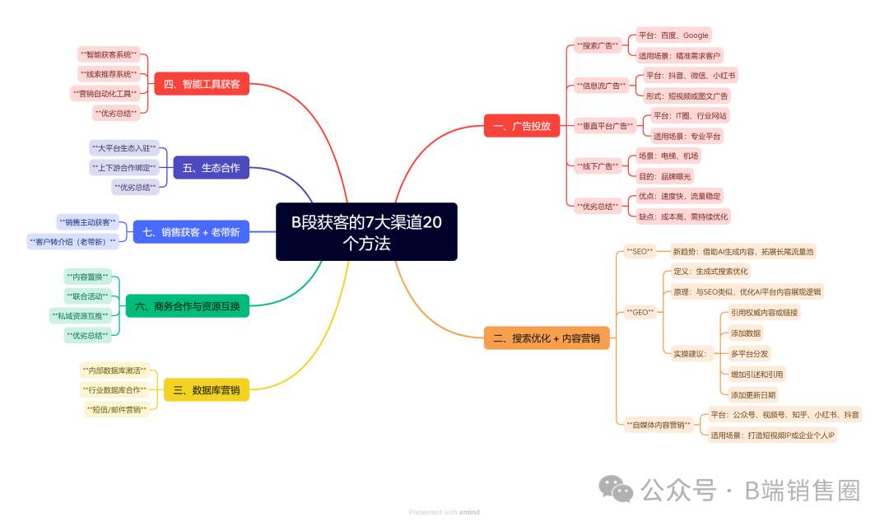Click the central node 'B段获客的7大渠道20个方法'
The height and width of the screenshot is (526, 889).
click(x=366, y=232)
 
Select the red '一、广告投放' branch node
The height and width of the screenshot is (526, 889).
click(x=522, y=126)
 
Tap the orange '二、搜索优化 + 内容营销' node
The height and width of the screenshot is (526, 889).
click(x=547, y=337)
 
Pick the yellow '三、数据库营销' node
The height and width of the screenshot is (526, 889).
click(x=207, y=390)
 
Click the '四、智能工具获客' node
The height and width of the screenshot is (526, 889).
click(x=202, y=84)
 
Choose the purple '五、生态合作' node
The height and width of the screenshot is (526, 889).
click(x=211, y=168)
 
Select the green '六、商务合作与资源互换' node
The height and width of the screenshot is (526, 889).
click(x=187, y=306)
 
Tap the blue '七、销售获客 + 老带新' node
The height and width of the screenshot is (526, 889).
click(x=191, y=232)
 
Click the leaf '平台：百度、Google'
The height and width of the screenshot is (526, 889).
click(x=673, y=35)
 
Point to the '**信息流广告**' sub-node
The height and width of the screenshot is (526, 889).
click(x=601, y=86)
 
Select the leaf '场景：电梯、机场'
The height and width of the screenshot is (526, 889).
click(x=668, y=156)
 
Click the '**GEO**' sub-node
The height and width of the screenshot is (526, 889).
click(x=640, y=312)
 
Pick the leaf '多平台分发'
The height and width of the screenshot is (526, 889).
click(x=750, y=354)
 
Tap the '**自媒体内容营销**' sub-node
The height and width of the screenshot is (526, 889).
click(x=659, y=425)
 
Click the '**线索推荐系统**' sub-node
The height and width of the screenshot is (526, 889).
click(x=109, y=74)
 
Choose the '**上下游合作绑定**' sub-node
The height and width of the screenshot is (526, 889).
click(x=124, y=168)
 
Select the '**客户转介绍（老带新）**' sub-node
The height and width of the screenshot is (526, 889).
click(x=73, y=242)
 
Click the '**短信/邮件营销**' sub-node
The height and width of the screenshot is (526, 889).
click(x=117, y=410)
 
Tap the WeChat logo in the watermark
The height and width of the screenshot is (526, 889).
click(x=616, y=489)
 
